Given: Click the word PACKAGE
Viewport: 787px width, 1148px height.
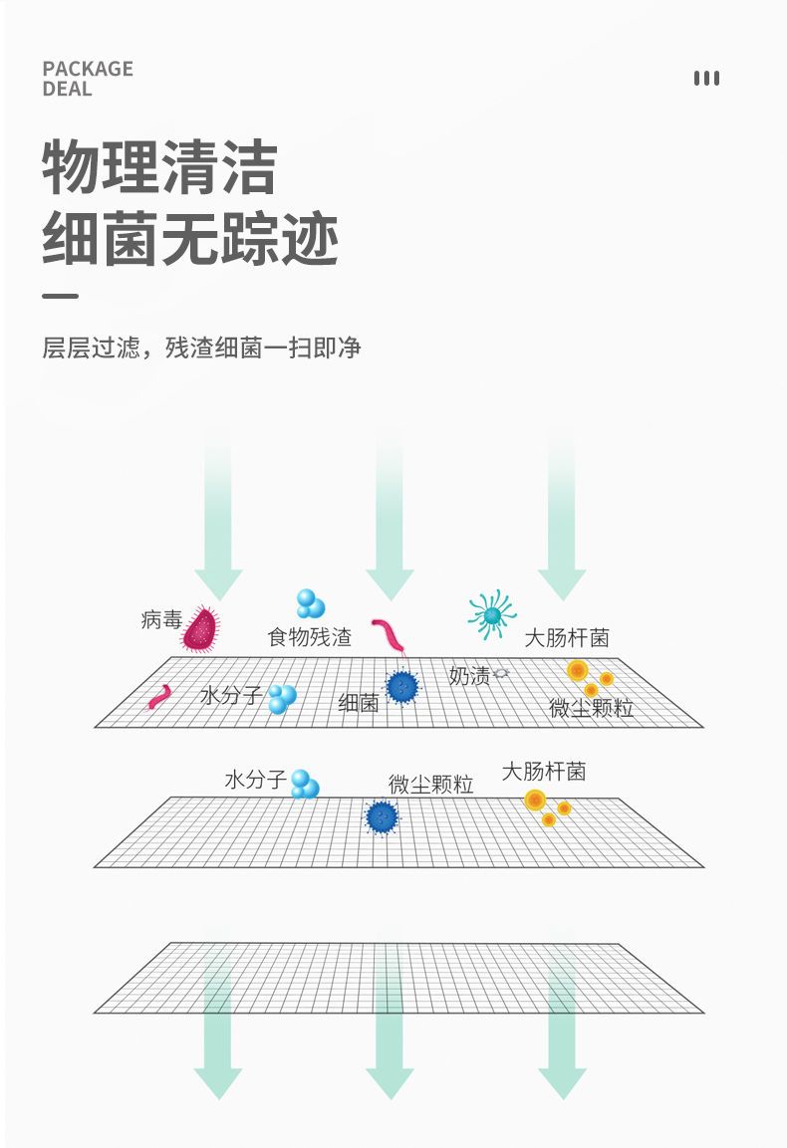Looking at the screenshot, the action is click(x=88, y=69).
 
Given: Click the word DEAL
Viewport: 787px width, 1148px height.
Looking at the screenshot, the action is click(x=68, y=90).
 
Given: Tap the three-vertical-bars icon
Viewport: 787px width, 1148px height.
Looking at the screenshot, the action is click(x=706, y=79).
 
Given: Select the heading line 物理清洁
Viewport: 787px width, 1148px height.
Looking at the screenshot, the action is click(x=159, y=167).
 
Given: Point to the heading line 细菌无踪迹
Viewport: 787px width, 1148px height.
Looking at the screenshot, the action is click(x=190, y=239).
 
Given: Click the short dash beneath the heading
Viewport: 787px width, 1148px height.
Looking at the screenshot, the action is click(x=60, y=297).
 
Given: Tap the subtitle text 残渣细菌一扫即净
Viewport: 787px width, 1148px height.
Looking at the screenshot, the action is click(x=263, y=347).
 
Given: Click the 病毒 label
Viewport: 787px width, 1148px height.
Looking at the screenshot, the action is click(x=161, y=619).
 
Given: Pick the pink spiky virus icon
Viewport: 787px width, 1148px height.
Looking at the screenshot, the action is click(x=201, y=628).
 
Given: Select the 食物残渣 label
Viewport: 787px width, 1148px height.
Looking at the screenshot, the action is click(x=309, y=637).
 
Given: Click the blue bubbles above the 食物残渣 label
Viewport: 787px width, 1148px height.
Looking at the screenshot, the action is click(x=310, y=604).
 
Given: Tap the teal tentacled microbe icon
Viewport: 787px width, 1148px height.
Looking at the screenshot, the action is click(x=492, y=614).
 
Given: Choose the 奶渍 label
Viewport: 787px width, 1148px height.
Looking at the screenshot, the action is click(x=469, y=675).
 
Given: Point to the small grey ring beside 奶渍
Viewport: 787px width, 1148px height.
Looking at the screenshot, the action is click(x=502, y=672).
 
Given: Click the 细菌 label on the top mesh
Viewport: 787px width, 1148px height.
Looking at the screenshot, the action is click(x=359, y=703).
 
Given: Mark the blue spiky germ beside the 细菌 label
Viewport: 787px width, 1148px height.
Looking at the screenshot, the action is click(x=401, y=687).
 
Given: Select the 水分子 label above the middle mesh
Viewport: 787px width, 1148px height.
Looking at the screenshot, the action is click(x=255, y=779).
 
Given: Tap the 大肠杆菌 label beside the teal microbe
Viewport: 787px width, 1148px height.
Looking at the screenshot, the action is click(x=567, y=637).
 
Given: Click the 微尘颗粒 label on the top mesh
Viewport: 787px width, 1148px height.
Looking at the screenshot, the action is click(x=592, y=707).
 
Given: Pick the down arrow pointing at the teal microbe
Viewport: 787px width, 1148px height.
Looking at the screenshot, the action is click(x=562, y=520).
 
